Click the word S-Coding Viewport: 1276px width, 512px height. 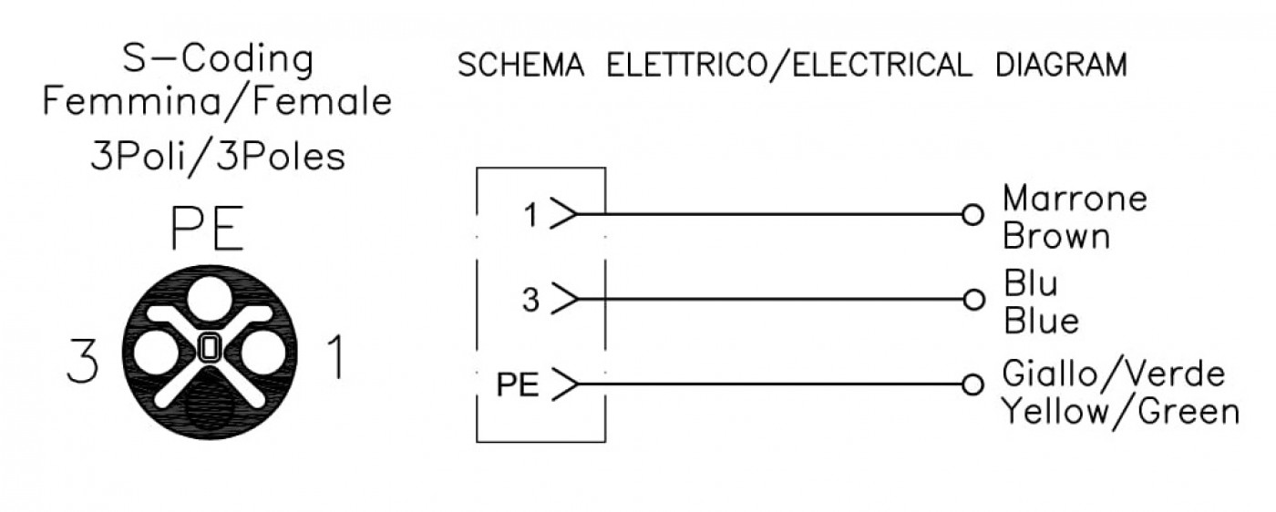[218, 60]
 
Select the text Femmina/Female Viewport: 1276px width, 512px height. [218, 102]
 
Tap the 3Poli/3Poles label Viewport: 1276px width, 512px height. [218, 157]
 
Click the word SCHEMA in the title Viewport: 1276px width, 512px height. [521, 65]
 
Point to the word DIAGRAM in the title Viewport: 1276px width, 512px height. [1061, 65]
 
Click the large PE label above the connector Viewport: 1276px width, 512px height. [208, 229]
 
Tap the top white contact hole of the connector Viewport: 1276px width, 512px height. [210, 299]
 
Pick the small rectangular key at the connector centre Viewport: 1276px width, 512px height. [210, 347]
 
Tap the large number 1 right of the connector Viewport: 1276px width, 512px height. [336, 357]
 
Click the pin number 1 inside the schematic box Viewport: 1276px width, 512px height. [530, 215]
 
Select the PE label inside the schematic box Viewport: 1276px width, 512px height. [518, 384]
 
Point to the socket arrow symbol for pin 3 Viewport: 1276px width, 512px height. [565, 299]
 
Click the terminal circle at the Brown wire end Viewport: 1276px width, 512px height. [972, 215]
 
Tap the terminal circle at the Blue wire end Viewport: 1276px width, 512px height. [973, 300]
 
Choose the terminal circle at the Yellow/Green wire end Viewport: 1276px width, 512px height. [973, 384]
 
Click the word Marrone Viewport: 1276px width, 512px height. [1075, 199]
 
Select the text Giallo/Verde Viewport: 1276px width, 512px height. [1114, 374]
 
